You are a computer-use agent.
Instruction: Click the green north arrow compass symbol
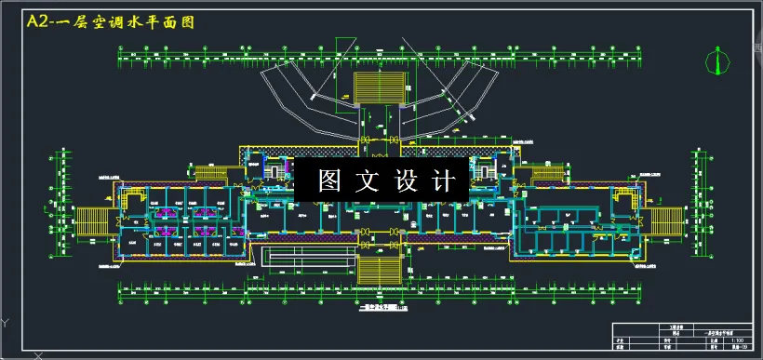click(x=715, y=60)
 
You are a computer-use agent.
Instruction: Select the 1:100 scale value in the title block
click(x=739, y=340)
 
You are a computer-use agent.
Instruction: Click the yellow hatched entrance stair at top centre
click(x=379, y=87)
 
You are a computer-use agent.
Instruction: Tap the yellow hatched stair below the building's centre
click(x=378, y=269)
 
